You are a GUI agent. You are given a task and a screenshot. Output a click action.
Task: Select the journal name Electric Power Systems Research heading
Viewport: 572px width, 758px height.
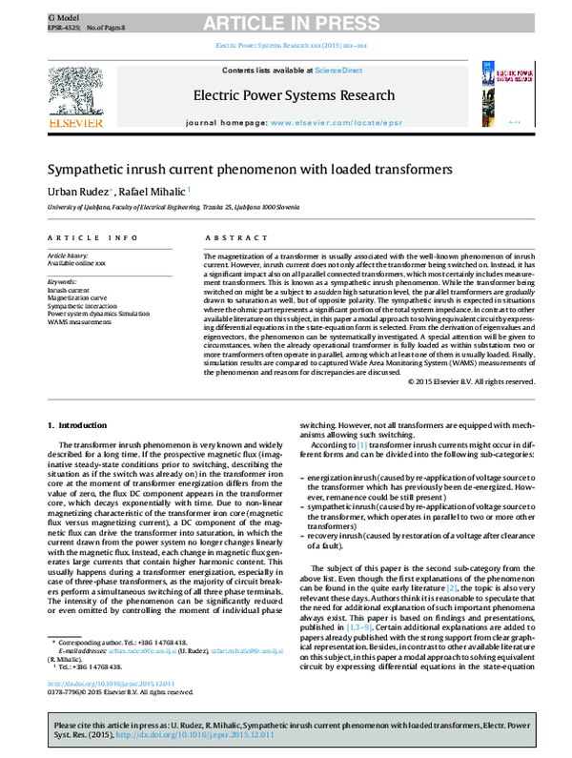coord(294,95)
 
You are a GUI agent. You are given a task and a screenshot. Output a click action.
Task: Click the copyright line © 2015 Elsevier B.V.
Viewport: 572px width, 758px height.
coord(470,382)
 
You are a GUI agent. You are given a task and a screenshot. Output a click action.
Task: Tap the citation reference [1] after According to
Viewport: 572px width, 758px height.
coord(362,445)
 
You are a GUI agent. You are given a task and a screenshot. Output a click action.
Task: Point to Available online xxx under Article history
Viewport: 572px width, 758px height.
coord(76,262)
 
